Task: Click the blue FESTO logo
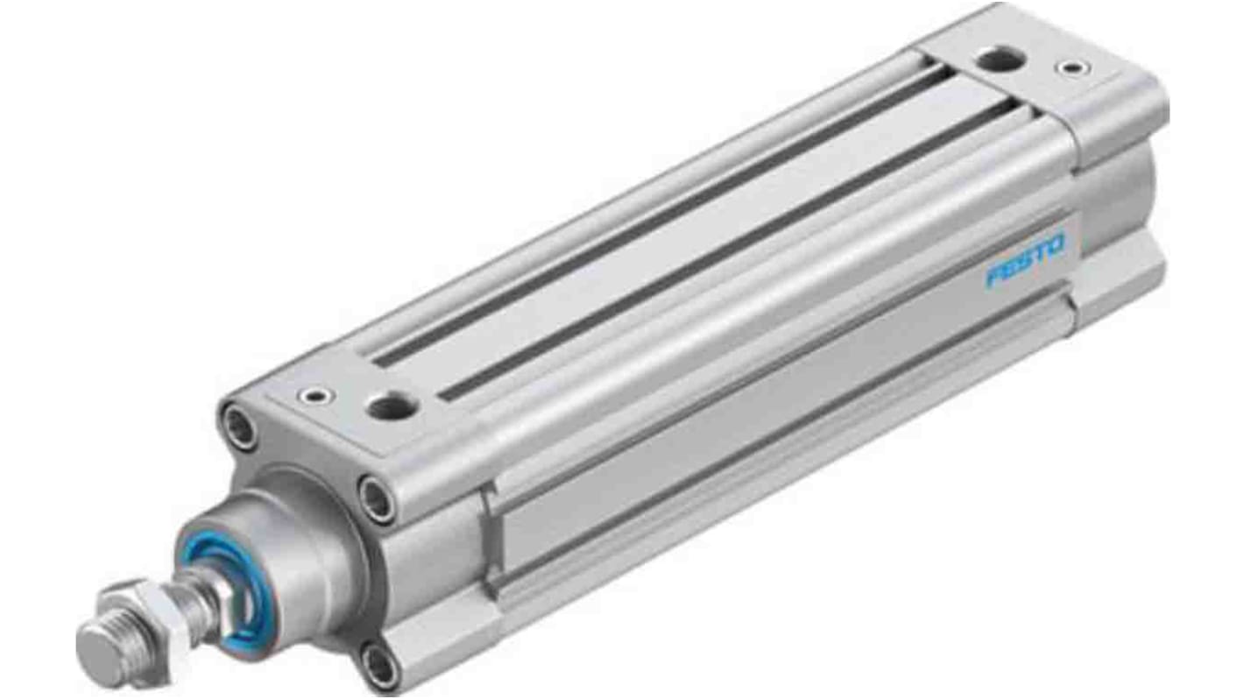click(1025, 260)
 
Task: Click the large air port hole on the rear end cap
click(993, 60)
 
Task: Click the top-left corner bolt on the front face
click(237, 427)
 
